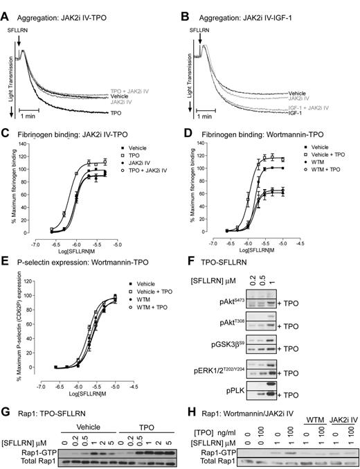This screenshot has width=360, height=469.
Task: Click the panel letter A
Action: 6,7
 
